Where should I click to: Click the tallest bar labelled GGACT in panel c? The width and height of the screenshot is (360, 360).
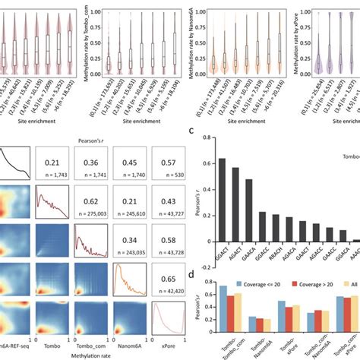pyautogui.click(x=223, y=200)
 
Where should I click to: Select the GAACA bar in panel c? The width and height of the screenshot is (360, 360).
pyautogui.click(x=248, y=210)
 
